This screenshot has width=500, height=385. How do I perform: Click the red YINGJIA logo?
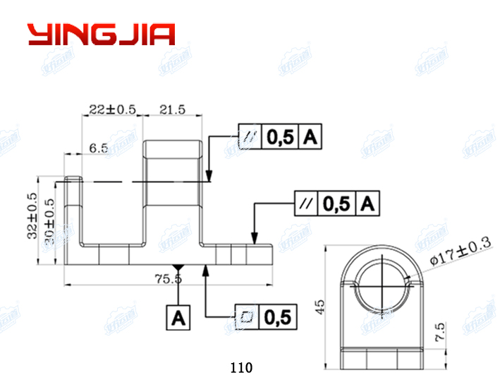coord(101,34)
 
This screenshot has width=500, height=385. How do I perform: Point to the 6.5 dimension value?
coord(98,148)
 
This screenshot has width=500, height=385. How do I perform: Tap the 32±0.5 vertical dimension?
coord(32,216)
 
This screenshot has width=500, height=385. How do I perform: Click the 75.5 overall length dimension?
coord(168,278)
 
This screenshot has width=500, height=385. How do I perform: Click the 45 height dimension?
coord(319,305)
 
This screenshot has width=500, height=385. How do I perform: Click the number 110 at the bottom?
coord(240,368)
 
